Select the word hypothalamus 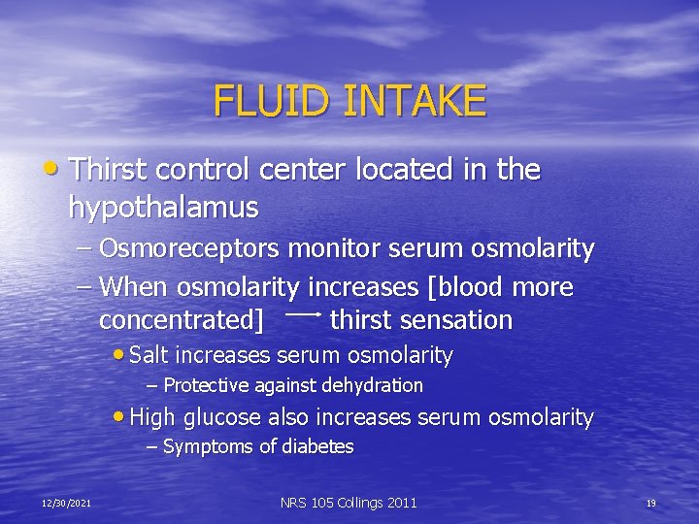click(x=163, y=207)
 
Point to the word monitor click(x=328, y=249)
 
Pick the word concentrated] click(x=182, y=320)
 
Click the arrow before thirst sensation click(x=303, y=315)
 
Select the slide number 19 click(x=651, y=503)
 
